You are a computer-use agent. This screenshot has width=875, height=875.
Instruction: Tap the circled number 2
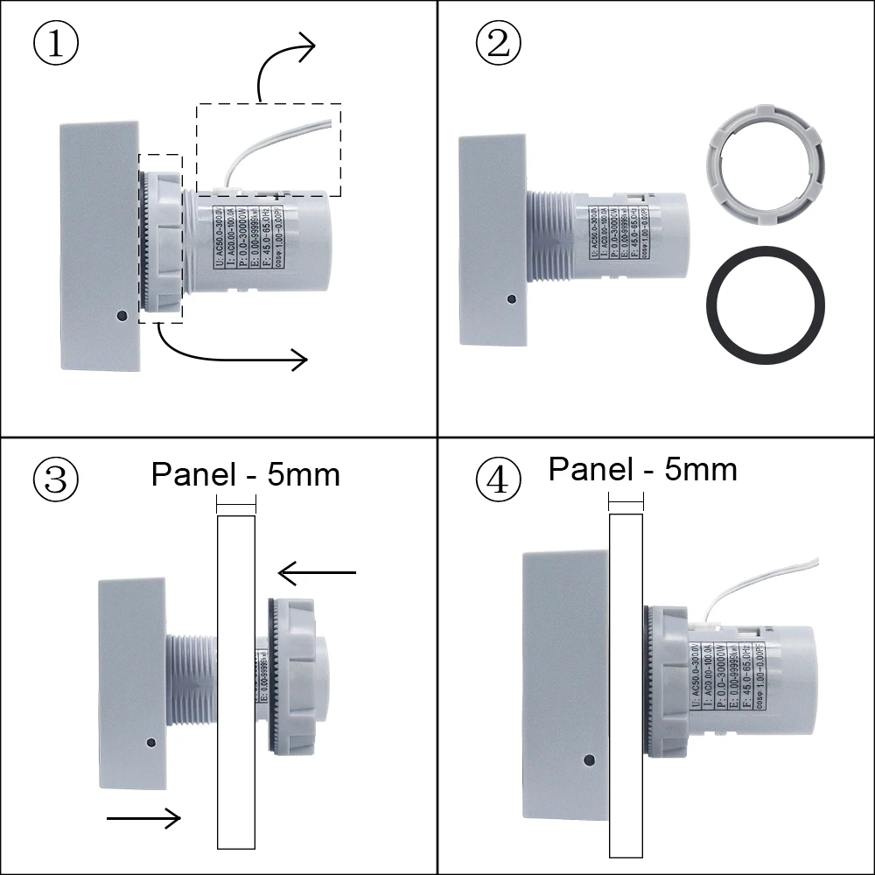[498, 45]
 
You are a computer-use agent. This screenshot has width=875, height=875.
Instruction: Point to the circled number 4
[498, 479]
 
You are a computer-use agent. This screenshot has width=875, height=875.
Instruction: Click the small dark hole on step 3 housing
[151, 743]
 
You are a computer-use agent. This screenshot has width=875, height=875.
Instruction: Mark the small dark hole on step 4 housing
[589, 759]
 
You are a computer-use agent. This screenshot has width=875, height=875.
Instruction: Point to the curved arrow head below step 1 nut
[297, 358]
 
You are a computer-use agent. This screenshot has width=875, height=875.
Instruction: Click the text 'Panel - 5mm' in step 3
[245, 474]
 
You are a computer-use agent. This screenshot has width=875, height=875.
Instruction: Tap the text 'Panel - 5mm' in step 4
[642, 469]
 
